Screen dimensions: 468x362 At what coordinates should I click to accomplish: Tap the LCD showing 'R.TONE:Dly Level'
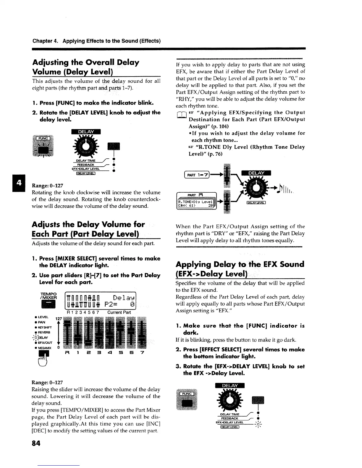point(196,204)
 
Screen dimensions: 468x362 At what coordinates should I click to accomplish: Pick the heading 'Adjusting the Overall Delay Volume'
point(85,67)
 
